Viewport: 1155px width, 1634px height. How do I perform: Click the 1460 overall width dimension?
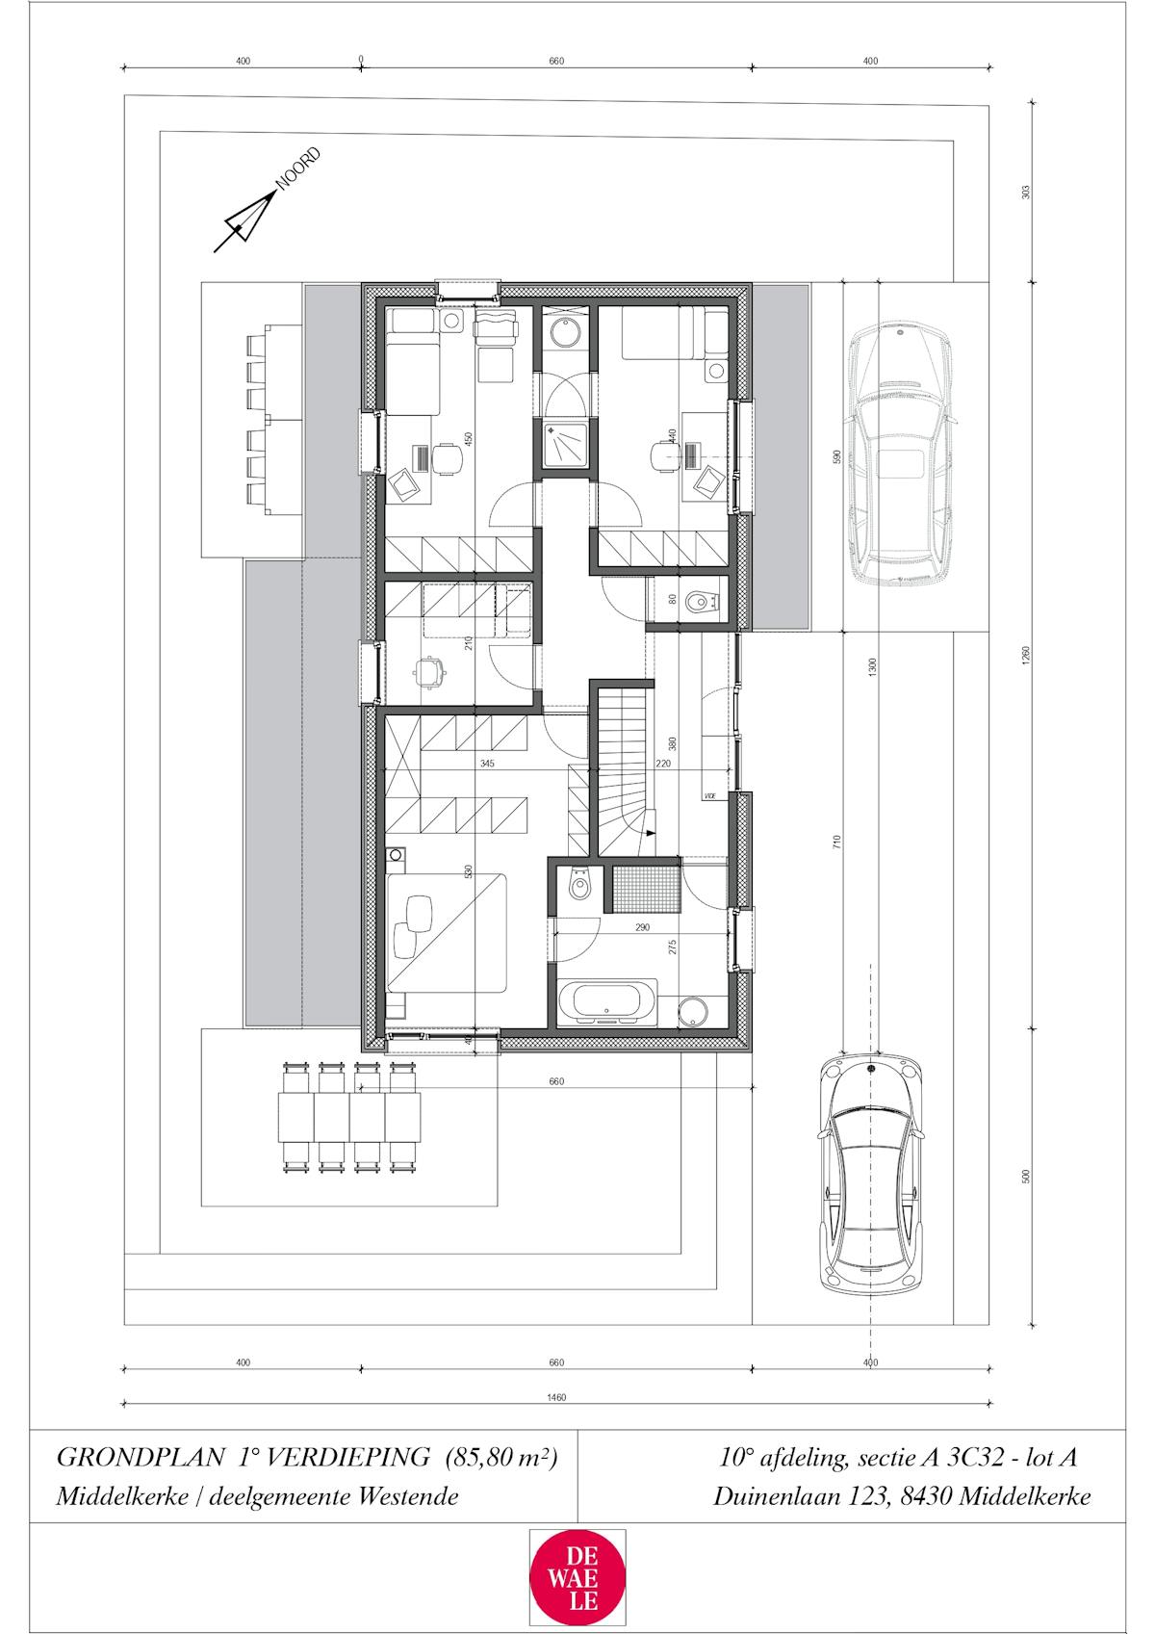[556, 1397]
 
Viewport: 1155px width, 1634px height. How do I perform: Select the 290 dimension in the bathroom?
[642, 928]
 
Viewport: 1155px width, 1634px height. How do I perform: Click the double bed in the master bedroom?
[448, 930]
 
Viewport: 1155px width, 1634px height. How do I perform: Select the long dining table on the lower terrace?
[348, 1116]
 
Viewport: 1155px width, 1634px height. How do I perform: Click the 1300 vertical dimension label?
[872, 667]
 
